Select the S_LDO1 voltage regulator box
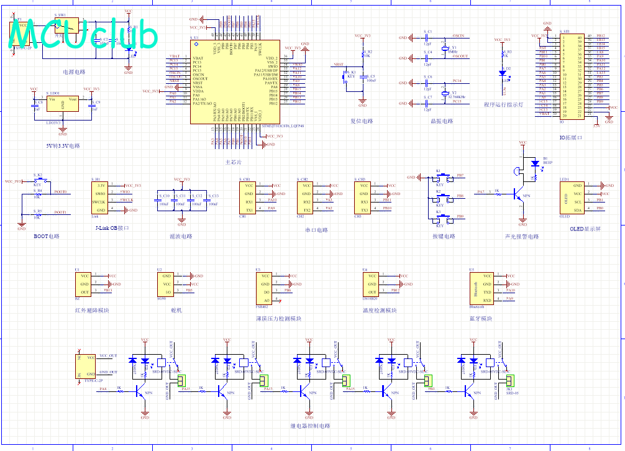point(63,103)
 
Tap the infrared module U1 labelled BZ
point(83,284)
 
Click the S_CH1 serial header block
point(248,197)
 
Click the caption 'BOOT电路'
point(47,237)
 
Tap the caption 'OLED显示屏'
point(585,229)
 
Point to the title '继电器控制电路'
point(310,426)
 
